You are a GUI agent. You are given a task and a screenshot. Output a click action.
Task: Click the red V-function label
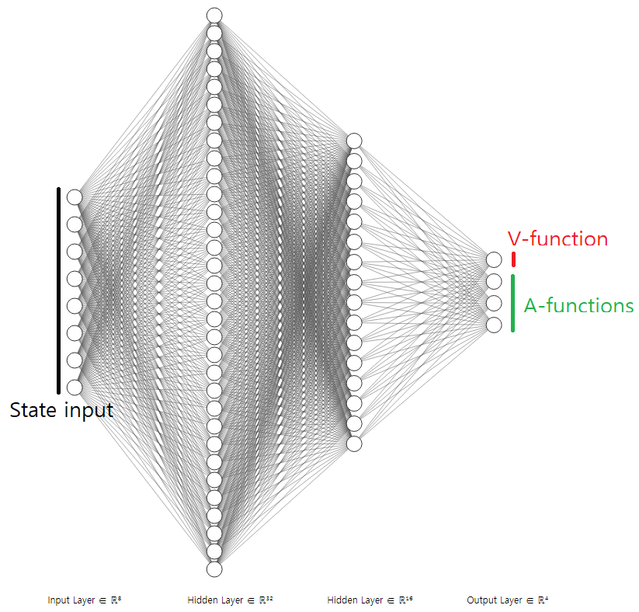pyautogui.click(x=557, y=239)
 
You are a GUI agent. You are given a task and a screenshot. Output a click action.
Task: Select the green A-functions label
pyautogui.click(x=578, y=306)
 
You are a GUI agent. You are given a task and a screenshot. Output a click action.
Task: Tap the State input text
pyautogui.click(x=61, y=410)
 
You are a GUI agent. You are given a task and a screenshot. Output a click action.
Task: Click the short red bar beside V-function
pyautogui.click(x=513, y=259)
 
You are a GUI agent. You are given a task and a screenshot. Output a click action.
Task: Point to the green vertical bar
pyautogui.click(x=513, y=303)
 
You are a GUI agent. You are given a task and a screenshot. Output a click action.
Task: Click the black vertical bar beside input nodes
pyautogui.click(x=58, y=290)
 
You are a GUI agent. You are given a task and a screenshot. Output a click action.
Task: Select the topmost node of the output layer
pyautogui.click(x=494, y=259)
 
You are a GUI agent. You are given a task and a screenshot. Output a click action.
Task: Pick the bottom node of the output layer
pyautogui.click(x=494, y=325)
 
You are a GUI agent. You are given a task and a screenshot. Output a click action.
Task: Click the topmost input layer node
pyautogui.click(x=74, y=196)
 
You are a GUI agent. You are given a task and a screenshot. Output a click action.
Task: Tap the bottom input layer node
pyautogui.click(x=74, y=387)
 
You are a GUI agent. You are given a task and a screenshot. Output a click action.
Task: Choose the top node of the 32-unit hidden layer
pyautogui.click(x=214, y=15)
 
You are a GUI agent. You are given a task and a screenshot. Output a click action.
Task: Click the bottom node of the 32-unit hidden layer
pyautogui.click(x=214, y=569)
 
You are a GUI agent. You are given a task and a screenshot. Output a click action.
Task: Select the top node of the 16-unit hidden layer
pyautogui.click(x=354, y=141)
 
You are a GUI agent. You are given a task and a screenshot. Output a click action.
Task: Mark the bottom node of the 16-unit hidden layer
pyautogui.click(x=354, y=443)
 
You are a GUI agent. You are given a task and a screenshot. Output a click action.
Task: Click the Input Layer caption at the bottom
pyautogui.click(x=84, y=600)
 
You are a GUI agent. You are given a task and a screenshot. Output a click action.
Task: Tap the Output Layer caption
pyautogui.click(x=507, y=600)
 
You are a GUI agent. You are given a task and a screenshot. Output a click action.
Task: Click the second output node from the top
pyautogui.click(x=494, y=281)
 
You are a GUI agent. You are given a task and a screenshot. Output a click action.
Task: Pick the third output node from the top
pyautogui.click(x=494, y=303)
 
